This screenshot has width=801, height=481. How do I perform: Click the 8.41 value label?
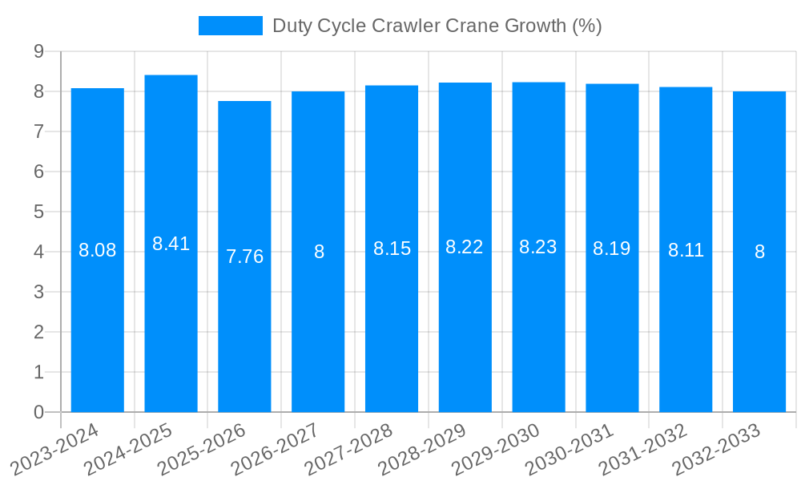point(171,244)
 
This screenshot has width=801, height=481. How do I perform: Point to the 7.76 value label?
point(244,257)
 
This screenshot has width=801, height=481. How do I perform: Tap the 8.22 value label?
point(465,247)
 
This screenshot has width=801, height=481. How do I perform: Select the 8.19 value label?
point(612,249)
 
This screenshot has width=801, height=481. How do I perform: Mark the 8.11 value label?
point(686,250)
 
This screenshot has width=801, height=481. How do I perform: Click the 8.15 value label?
point(392,249)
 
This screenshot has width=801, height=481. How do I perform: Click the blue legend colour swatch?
point(231,26)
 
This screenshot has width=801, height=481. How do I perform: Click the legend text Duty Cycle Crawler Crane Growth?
point(437,26)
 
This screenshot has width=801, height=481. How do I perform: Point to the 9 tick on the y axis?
point(38,51)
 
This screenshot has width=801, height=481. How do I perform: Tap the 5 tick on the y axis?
point(38,212)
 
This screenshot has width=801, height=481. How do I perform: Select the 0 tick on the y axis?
point(38,412)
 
